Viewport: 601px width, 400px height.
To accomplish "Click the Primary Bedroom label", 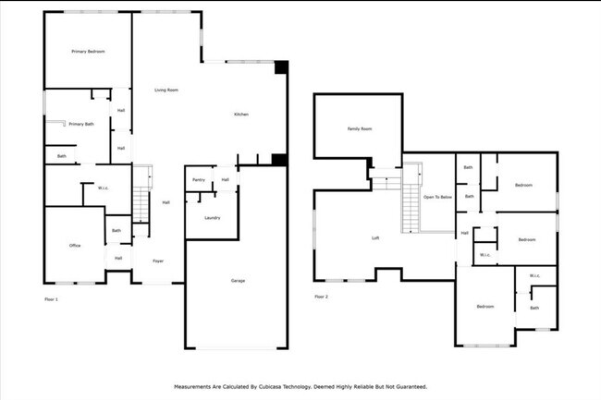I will (88, 52).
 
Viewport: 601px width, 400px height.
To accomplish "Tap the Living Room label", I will (166, 90).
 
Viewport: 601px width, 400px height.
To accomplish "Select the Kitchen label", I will (240, 114).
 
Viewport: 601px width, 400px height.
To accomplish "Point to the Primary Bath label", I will (81, 124).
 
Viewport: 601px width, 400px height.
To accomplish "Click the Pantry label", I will (199, 179).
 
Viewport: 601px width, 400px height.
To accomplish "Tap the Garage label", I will (238, 280).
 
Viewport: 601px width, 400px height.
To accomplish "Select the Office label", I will (75, 246).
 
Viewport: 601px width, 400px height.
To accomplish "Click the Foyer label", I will (158, 261).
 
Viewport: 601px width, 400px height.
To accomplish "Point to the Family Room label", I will (359, 128).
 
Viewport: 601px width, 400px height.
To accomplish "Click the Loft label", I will (375, 238).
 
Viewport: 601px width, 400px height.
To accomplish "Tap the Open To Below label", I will (437, 198).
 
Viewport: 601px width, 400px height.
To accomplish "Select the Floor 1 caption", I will (51, 299).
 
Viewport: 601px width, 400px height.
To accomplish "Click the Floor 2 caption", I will (321, 297).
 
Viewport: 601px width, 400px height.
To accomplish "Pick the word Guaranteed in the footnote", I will (408, 387).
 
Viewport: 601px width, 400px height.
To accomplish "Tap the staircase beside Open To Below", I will (410, 208).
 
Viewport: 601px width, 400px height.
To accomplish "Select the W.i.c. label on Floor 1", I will (104, 188).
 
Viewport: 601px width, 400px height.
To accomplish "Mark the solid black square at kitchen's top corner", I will (282, 67).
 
